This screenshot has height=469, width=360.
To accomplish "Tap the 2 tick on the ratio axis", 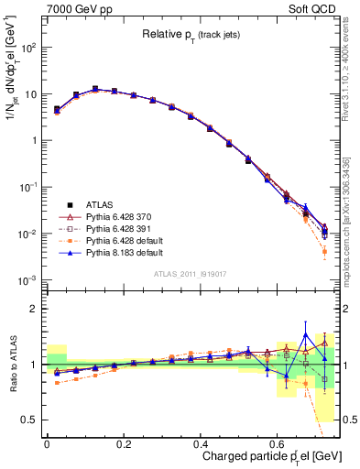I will click(33, 309).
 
